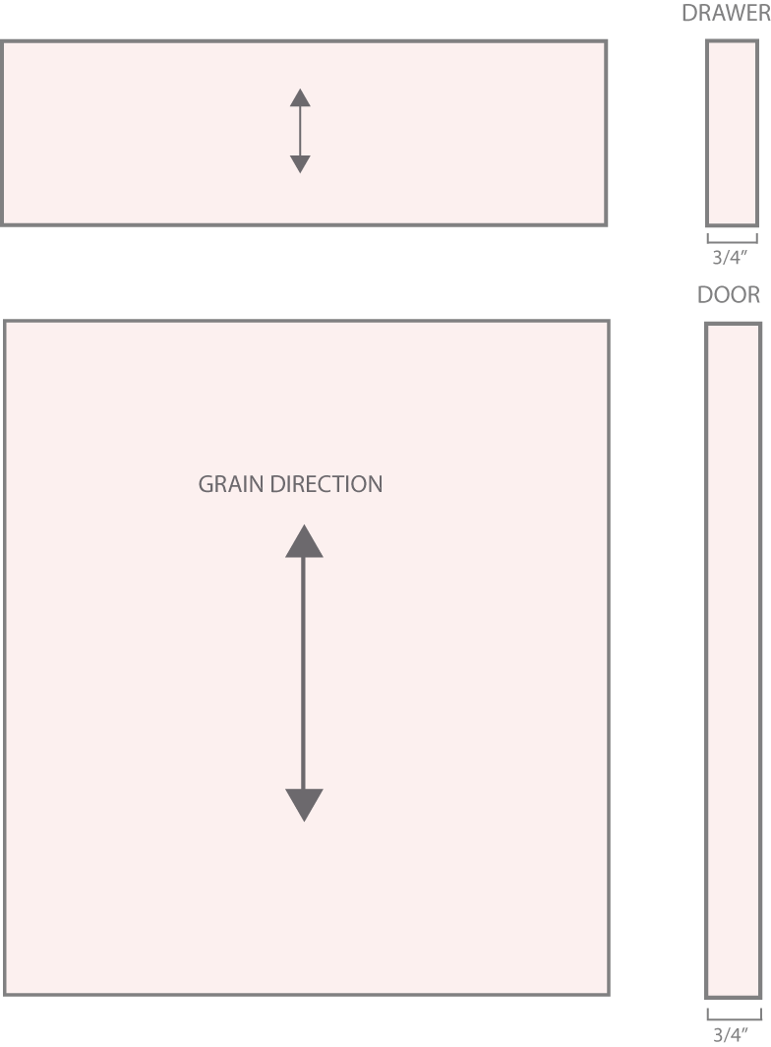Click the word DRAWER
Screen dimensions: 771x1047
tap(726, 14)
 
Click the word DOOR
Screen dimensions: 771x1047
tap(729, 294)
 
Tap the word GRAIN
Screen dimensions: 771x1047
tap(231, 484)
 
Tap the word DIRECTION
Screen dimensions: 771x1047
tap(326, 484)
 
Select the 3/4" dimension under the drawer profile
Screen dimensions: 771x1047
tap(729, 257)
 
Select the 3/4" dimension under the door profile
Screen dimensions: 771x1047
tap(730, 1034)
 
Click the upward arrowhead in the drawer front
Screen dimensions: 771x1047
tap(300, 97)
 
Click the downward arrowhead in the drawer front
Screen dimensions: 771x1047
tap(300, 164)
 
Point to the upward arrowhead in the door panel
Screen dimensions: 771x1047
tap(304, 541)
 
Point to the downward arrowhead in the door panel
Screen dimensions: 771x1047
tap(304, 805)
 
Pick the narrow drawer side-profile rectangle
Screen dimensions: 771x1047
tap(732, 133)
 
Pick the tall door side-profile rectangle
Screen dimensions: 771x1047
tap(733, 660)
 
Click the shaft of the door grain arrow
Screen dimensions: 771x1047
tap(304, 673)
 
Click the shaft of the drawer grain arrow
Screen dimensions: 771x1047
tap(300, 131)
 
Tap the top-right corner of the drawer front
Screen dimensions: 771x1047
tap(606, 41)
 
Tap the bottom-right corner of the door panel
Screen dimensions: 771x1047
tap(608, 994)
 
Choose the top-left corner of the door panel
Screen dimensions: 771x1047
tap(5, 321)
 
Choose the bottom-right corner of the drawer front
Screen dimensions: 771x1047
tap(606, 224)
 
